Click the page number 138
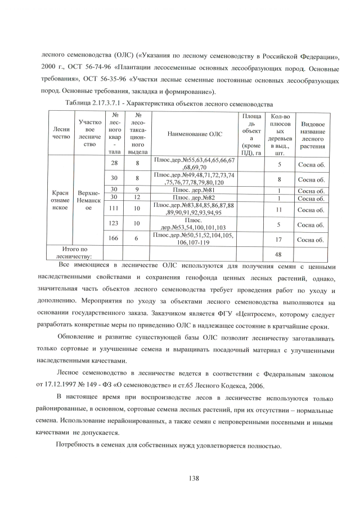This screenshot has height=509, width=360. point(191,478)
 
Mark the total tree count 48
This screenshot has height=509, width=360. point(280,254)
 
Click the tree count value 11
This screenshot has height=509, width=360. point(280,209)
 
